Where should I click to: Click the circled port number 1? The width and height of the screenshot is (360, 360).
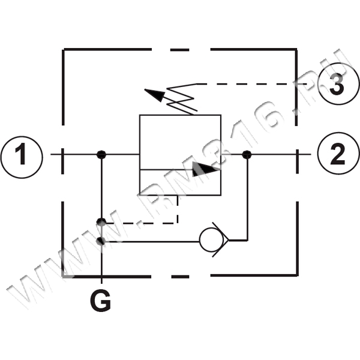22,155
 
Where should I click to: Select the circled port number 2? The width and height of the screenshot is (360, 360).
338,155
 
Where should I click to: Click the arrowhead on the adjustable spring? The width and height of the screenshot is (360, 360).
152,94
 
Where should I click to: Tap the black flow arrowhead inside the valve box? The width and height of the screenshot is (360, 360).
206,169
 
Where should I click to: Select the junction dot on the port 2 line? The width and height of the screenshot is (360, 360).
246,155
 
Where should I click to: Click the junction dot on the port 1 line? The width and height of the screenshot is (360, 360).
101,155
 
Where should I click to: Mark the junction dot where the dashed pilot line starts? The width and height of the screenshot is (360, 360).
101,223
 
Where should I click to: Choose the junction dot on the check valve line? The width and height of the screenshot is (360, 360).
101,241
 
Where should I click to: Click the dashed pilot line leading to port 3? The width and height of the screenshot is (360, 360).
252,83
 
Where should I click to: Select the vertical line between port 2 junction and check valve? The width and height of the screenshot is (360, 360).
246,198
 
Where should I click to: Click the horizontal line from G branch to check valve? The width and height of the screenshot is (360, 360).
150,241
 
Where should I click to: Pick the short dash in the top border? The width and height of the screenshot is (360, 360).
179,50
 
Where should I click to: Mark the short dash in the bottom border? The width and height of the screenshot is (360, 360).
179,277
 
